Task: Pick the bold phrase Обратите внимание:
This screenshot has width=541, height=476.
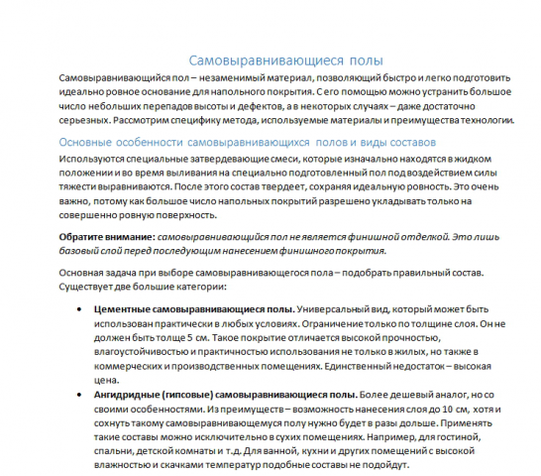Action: click(107, 236)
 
